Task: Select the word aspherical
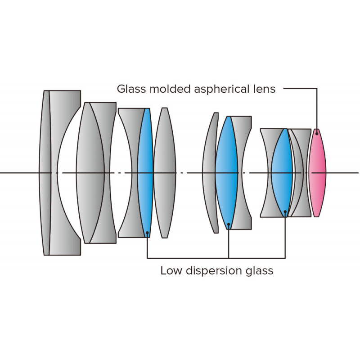point(220,89)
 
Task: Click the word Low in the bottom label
point(170,271)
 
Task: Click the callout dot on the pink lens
point(317,134)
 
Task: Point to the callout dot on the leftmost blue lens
point(147,233)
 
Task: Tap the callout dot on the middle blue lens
point(229,224)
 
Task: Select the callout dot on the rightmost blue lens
point(285,211)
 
